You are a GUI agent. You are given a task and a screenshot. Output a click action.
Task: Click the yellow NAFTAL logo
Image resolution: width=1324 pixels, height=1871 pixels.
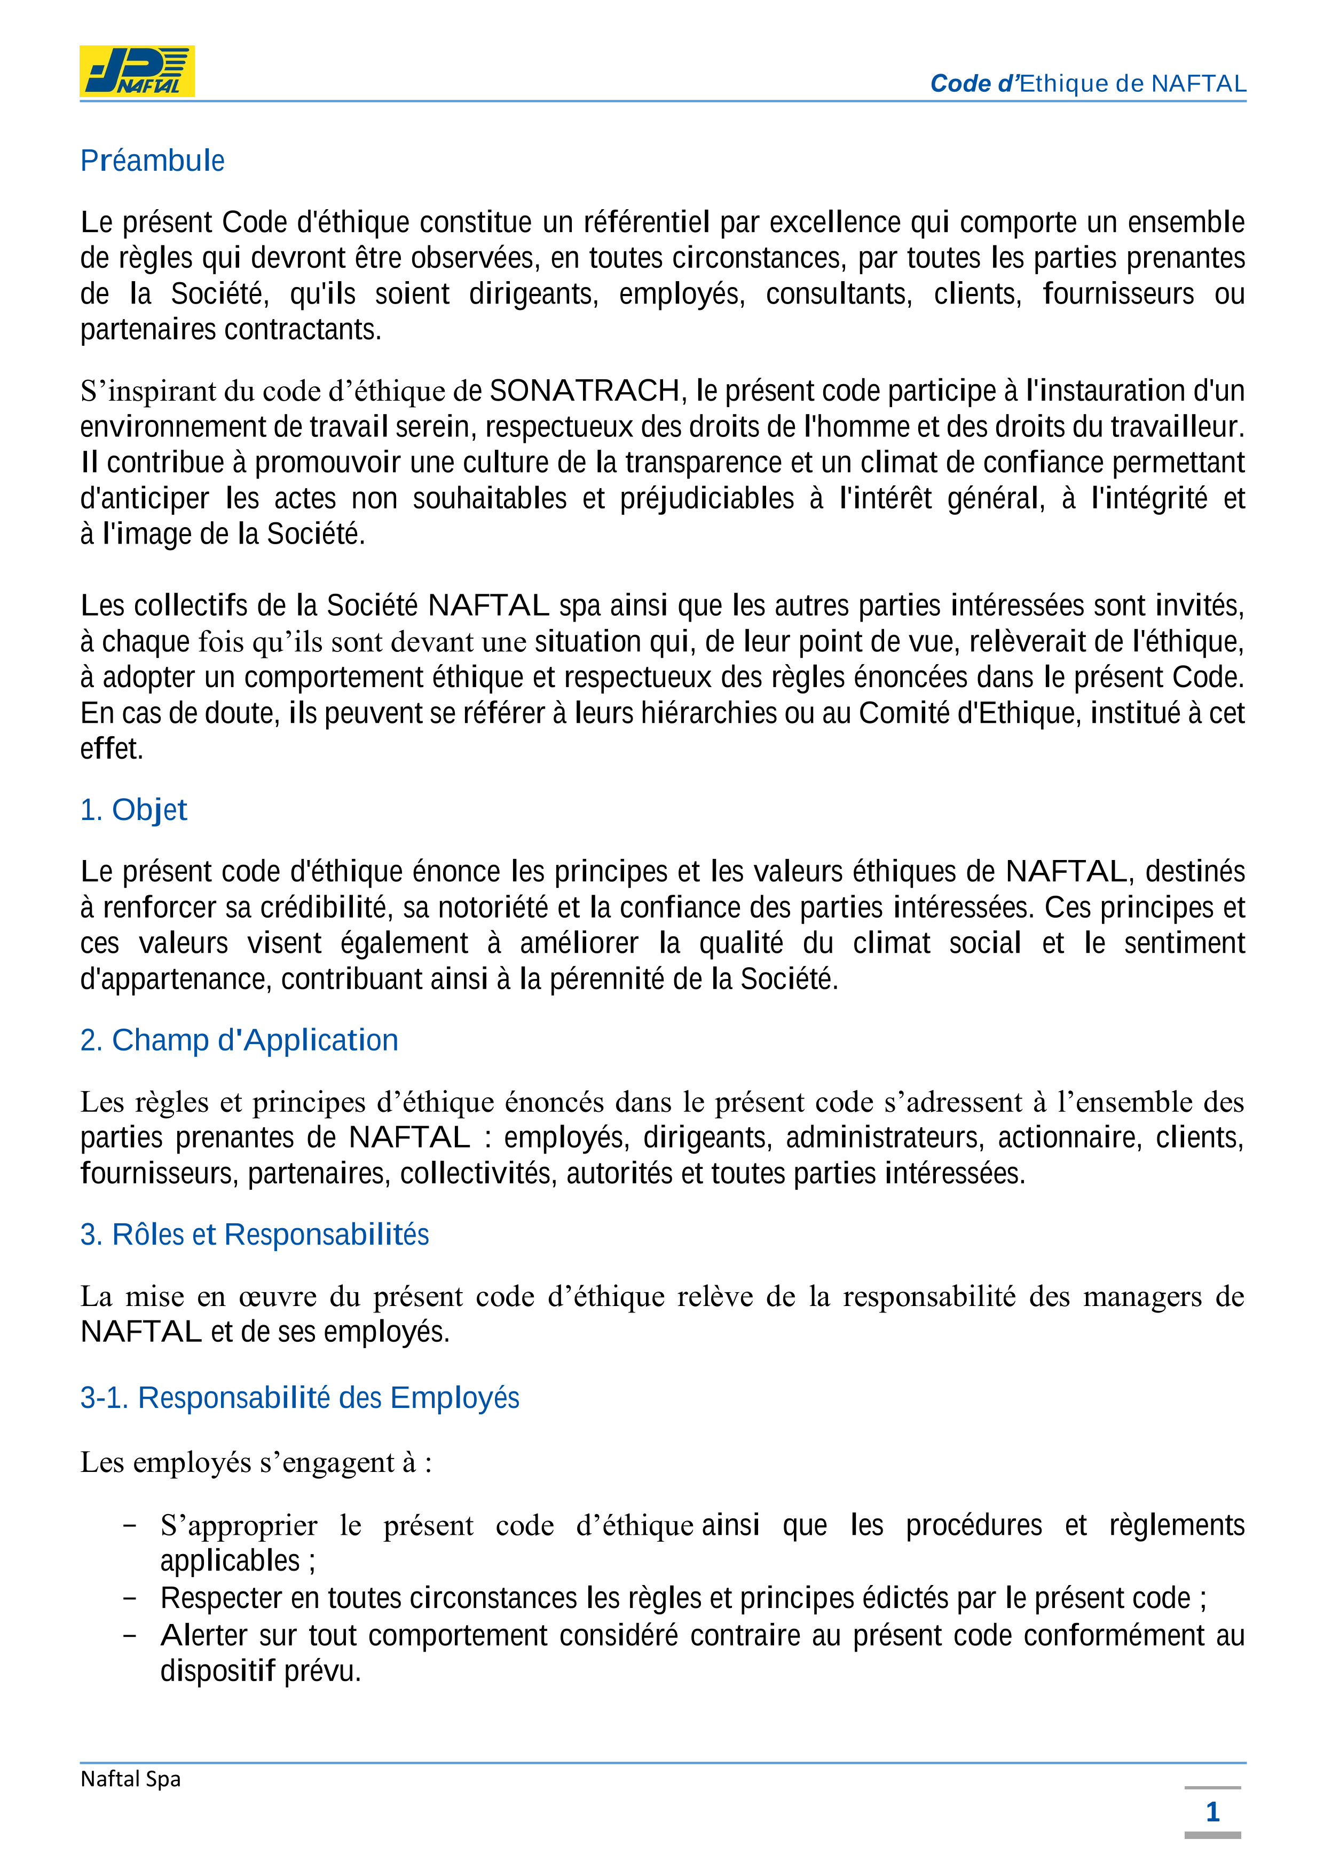(137, 71)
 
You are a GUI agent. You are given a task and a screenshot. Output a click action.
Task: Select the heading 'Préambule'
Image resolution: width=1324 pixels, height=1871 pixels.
(153, 161)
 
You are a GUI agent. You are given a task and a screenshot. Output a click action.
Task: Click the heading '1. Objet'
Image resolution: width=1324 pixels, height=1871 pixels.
(133, 810)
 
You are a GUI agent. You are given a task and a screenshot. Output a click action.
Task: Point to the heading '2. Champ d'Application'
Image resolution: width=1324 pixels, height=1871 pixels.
(239, 1041)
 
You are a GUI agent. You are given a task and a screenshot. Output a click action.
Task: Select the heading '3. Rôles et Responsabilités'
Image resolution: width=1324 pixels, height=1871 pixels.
(254, 1235)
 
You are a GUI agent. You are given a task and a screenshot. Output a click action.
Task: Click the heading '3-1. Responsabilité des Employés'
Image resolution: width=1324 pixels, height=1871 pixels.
(299, 1398)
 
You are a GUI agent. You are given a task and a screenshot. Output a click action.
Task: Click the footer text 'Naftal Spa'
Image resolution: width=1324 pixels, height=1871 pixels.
(130, 1779)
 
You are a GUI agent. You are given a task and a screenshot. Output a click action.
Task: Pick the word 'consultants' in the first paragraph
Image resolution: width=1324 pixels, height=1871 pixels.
(838, 294)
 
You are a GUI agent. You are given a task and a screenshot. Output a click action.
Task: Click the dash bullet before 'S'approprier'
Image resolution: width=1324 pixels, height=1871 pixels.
(129, 1525)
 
